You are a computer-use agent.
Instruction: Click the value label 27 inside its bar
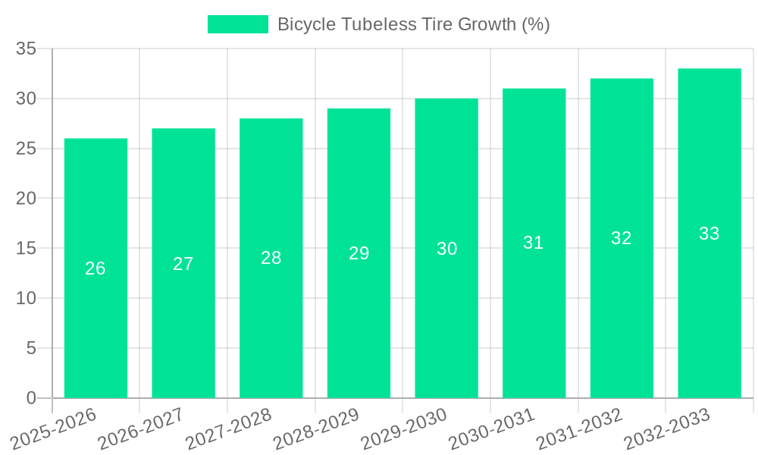(x=183, y=264)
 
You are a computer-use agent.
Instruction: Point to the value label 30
(x=446, y=249)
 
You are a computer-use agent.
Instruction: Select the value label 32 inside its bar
(x=622, y=238)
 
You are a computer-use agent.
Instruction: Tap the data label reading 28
(x=271, y=258)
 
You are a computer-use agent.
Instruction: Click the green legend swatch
(x=237, y=24)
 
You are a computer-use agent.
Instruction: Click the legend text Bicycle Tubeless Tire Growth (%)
(x=413, y=24)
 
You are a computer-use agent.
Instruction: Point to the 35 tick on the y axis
(x=27, y=49)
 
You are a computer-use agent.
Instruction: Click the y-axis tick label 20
(x=27, y=199)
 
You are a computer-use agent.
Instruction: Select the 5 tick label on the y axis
(x=31, y=348)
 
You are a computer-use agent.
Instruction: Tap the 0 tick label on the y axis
(x=31, y=398)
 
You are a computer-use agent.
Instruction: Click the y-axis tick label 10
(x=27, y=299)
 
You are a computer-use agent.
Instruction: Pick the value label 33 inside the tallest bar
(x=709, y=234)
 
